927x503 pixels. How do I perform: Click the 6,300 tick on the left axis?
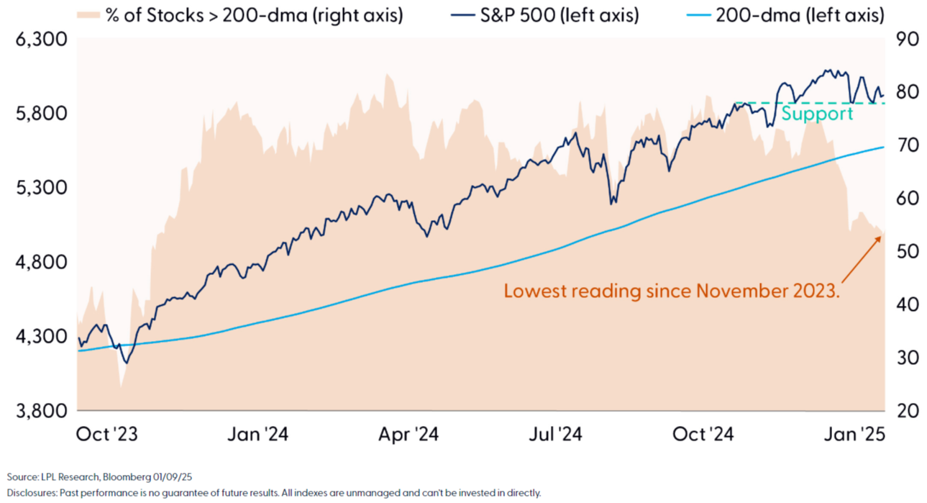click(42, 40)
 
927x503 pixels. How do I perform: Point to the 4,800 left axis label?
click(42, 262)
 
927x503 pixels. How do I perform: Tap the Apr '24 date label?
click(408, 435)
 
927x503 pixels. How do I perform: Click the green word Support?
click(817, 114)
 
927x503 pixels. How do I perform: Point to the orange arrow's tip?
click(881, 235)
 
